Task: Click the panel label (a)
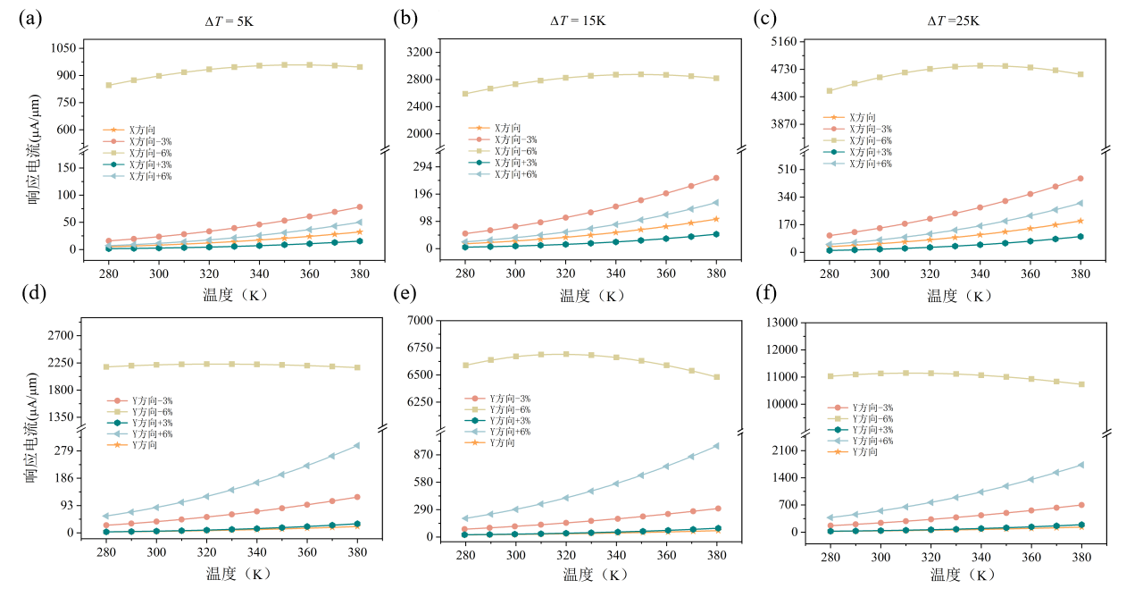28,17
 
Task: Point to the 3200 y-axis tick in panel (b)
421,53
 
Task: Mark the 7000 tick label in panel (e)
421,321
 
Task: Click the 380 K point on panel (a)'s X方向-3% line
359,206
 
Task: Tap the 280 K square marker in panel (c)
830,90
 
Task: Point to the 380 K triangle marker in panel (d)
359,445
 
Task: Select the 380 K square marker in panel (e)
716,377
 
